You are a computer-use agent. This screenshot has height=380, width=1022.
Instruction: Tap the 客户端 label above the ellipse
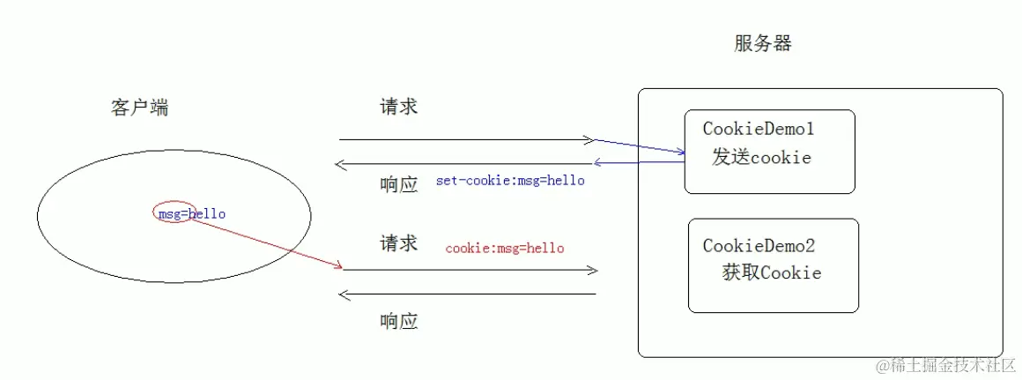(x=140, y=108)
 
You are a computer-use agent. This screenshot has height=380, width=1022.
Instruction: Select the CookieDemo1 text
(x=758, y=130)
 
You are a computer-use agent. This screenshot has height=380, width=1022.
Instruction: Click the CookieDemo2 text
(x=759, y=246)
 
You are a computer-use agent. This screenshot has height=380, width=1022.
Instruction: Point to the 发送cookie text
(x=761, y=158)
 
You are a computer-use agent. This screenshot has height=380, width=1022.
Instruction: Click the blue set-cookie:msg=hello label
(x=510, y=181)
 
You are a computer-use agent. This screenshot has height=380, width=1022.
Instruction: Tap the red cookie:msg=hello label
(x=504, y=249)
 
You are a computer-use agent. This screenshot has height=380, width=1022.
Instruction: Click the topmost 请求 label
(x=398, y=107)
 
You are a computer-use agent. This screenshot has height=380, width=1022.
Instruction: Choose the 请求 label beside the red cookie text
(x=398, y=243)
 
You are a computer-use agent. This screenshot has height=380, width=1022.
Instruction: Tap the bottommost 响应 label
(x=398, y=321)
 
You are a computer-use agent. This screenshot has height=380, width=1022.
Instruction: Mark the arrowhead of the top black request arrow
(x=589, y=139)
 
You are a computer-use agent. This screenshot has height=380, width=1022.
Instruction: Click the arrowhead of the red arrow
(x=337, y=265)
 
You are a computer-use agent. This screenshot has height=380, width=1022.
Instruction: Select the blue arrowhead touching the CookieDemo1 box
(x=681, y=153)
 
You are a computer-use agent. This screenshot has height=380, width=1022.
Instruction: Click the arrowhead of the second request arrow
(x=593, y=269)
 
